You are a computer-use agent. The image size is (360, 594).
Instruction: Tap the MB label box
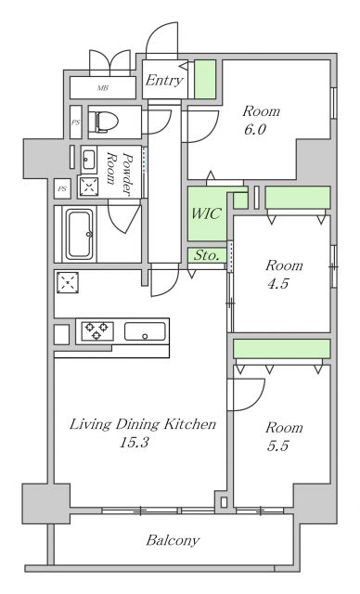pyautogui.click(x=102, y=89)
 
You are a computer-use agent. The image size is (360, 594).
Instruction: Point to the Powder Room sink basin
pyautogui.click(x=89, y=156)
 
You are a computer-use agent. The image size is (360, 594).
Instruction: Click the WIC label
pyautogui.click(x=205, y=213)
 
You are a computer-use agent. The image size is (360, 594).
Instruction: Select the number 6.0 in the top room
pyautogui.click(x=255, y=130)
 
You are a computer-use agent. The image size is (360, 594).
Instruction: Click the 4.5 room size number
pyautogui.click(x=277, y=284)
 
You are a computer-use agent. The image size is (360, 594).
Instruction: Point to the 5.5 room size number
pyautogui.click(x=278, y=445)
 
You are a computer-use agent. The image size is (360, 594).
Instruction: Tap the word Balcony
pyautogui.click(x=172, y=540)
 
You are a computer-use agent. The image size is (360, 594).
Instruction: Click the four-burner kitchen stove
pyautogui.click(x=97, y=330)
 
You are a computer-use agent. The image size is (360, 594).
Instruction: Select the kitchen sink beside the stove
pyautogui.click(x=145, y=330)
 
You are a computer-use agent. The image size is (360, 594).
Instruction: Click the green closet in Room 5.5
pyautogui.click(x=281, y=348)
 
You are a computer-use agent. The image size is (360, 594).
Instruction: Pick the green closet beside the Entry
pyautogui.click(x=205, y=79)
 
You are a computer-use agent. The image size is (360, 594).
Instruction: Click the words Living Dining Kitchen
pyautogui.click(x=144, y=424)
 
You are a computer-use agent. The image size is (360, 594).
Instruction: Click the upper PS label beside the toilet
pyautogui.click(x=75, y=122)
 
